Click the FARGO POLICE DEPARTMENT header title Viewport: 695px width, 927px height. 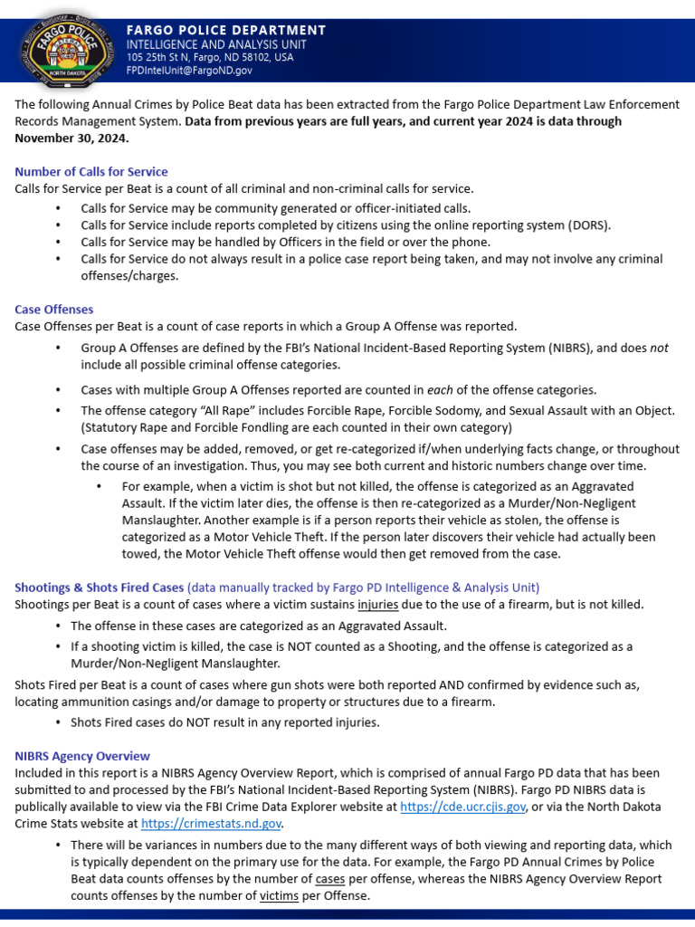pyautogui.click(x=225, y=30)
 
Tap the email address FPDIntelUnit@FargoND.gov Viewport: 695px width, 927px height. pyautogui.click(x=189, y=70)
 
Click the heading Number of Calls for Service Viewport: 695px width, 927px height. pyautogui.click(x=91, y=172)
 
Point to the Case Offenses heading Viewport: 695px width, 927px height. pyautogui.click(x=54, y=310)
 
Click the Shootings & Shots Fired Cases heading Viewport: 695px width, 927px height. pyautogui.click(x=99, y=588)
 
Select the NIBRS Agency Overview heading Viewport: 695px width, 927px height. pyautogui.click(x=82, y=756)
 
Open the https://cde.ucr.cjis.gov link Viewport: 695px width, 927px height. pyautogui.click(x=462, y=807)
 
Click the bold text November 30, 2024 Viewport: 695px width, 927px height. pyautogui.click(x=71, y=139)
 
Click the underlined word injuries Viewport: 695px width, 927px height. pyautogui.click(x=378, y=605)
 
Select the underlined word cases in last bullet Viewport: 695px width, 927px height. pyautogui.click(x=331, y=879)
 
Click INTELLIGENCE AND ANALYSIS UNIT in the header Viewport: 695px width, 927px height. pyautogui.click(x=216, y=44)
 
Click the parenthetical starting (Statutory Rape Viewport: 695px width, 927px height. pyautogui.click(x=297, y=427)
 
